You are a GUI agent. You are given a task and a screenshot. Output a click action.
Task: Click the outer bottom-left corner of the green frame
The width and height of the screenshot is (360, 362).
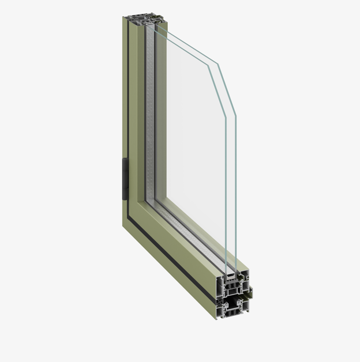(123, 225)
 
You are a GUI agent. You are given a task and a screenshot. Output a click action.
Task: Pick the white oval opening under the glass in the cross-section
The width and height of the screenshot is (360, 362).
(230, 277)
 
